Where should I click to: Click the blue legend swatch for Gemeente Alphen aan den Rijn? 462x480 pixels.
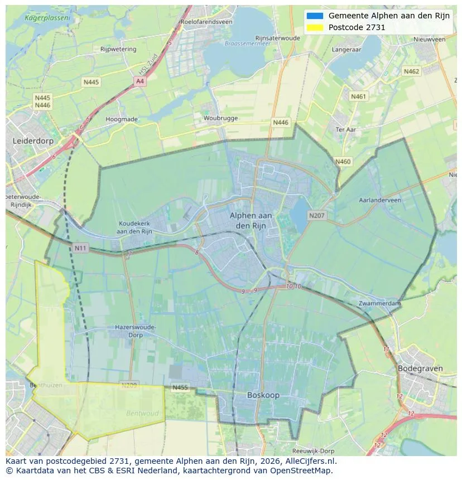pos(315,16)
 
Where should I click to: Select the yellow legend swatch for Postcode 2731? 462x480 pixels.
pos(315,27)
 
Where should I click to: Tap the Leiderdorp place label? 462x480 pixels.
pos(33,142)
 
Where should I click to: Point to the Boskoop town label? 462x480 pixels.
pos(263,395)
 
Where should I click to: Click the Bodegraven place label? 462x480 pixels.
pos(420,369)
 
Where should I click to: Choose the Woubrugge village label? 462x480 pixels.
pos(220,118)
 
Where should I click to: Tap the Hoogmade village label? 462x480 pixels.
pos(122,119)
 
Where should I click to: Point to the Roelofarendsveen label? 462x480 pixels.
pos(206,22)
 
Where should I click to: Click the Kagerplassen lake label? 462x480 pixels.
pos(47,18)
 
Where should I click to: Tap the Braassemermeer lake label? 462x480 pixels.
pos(243,43)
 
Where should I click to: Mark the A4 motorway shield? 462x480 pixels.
pos(139,81)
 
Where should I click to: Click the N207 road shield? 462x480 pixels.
pos(316,215)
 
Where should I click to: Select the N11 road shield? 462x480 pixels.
pos(80,247)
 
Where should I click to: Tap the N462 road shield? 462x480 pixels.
pos(411,71)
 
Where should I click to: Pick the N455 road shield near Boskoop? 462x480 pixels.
pos(180,387)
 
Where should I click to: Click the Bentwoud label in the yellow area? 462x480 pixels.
pos(142,414)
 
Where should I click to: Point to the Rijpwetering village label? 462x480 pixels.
pos(118,49)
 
